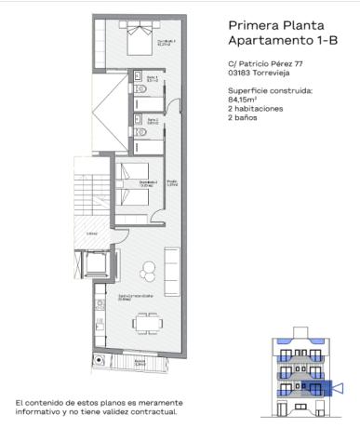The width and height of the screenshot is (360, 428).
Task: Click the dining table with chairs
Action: (x=147, y=324)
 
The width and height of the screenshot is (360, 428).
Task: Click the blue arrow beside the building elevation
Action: (x=340, y=387)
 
